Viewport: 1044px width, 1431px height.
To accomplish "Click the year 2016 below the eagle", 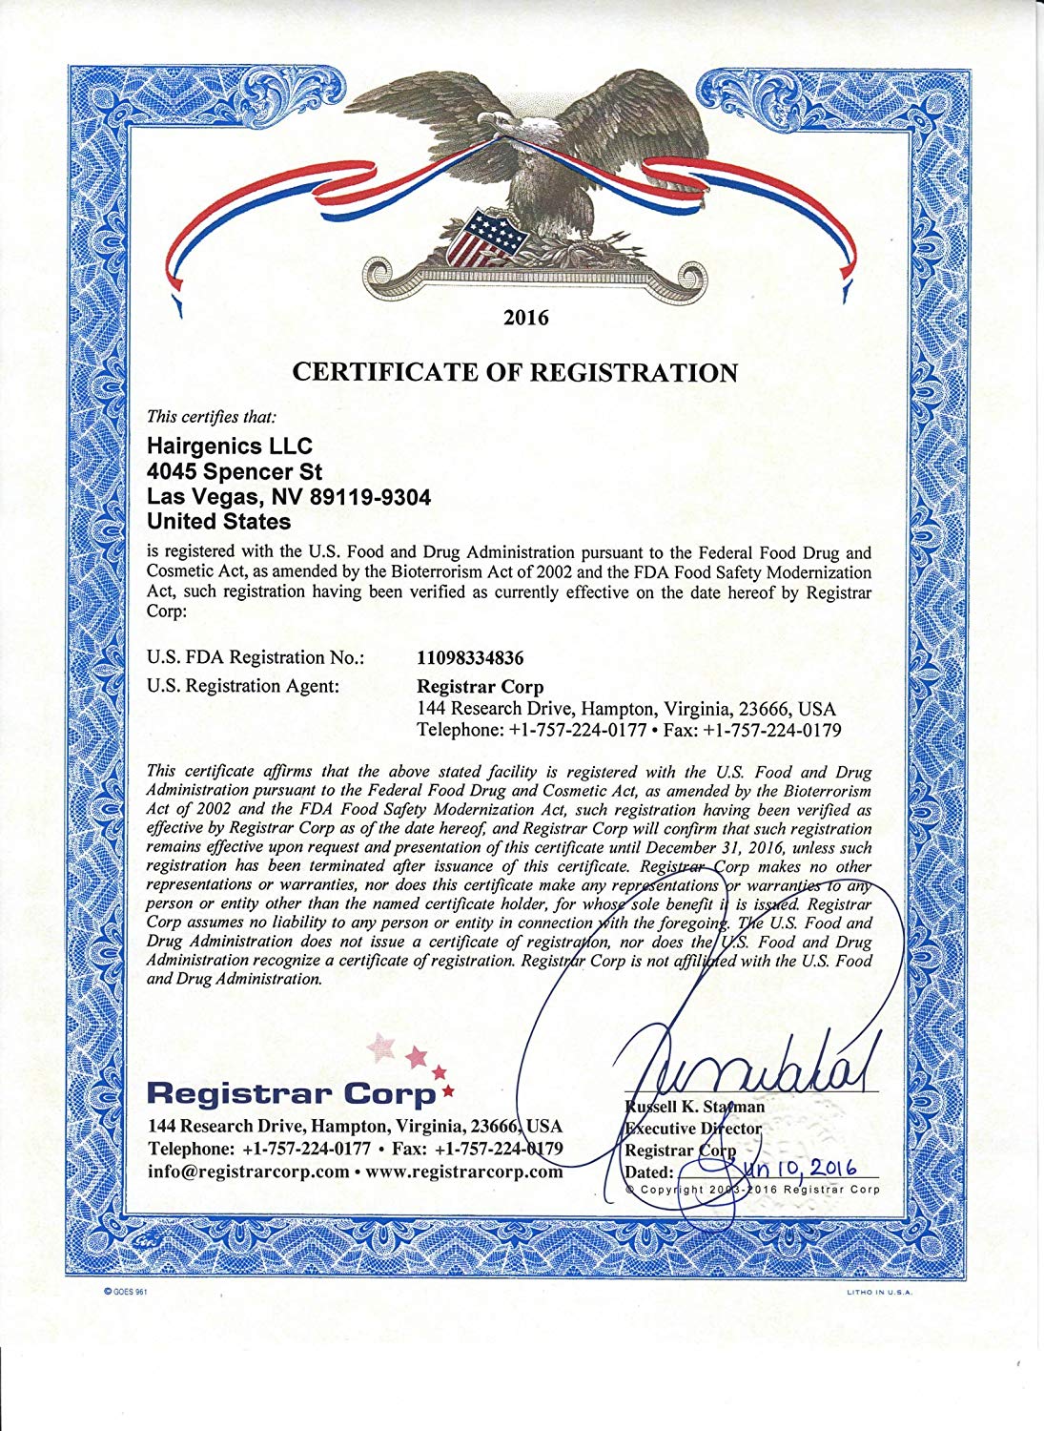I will [525, 318].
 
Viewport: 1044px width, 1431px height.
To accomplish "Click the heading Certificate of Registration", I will [515, 372].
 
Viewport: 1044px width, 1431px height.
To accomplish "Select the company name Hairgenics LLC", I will [230, 446].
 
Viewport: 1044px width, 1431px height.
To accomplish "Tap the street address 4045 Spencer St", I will [235, 471].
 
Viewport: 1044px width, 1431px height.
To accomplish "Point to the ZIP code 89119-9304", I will [370, 497].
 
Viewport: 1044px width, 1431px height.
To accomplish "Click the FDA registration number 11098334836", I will [471, 657].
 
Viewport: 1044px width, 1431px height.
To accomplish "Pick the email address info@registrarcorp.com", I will [248, 1172].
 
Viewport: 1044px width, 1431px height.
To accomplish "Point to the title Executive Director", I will [693, 1129].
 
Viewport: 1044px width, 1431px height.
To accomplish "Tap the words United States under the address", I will [218, 522].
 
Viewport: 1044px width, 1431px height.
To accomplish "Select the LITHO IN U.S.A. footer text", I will [878, 1293].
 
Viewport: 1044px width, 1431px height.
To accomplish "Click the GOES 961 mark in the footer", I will [124, 1290].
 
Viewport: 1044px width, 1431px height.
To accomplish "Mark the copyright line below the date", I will [752, 1190].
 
